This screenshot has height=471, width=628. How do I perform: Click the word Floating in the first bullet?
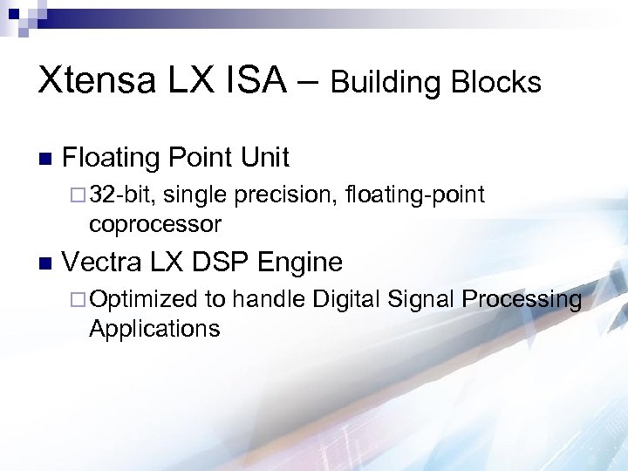112,158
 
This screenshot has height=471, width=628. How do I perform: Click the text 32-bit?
122,195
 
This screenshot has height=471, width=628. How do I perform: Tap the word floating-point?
415,195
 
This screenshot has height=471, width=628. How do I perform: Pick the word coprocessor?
155,224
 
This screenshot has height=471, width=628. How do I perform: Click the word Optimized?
144,300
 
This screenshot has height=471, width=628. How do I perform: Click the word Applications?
154,329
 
